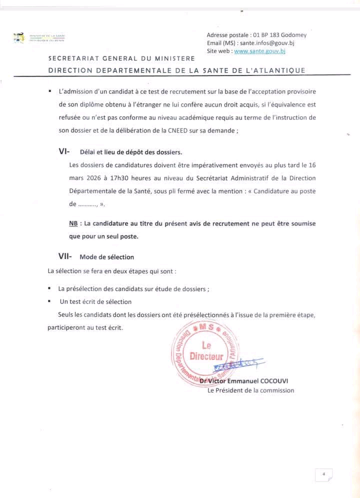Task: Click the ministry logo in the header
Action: pos(19,38)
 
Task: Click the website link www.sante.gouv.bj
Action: pos(259,50)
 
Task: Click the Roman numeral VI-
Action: pos(64,151)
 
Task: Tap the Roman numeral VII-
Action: pos(65,256)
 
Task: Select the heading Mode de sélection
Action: pos(106,257)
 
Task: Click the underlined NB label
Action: pos(73,223)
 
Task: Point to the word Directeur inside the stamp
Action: pos(206,356)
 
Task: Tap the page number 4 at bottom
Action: pos(323,474)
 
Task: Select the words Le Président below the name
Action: pos(225,390)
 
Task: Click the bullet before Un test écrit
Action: pos(49,301)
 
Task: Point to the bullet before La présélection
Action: pos(49,288)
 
